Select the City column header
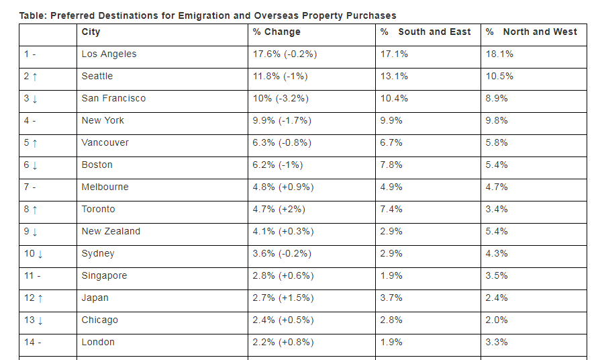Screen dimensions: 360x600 point(91,32)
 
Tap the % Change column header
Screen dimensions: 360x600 point(277,32)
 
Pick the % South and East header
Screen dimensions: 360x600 point(426,32)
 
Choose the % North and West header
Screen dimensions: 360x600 point(532,32)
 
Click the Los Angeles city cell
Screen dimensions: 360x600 point(109,54)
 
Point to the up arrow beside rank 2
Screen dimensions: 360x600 point(34,77)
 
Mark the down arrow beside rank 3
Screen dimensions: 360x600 point(34,99)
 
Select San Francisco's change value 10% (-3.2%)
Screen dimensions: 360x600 point(281,98)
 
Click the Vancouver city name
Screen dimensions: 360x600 point(105,142)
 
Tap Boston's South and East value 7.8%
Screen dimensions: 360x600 point(391,165)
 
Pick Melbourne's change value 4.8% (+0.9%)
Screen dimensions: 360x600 point(283,187)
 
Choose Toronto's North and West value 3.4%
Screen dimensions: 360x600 point(497,209)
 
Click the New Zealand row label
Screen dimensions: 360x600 point(111,231)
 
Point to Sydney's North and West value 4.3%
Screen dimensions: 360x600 point(497,253)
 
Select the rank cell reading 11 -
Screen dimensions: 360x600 point(32,275)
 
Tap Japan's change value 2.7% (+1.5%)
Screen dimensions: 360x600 point(283,298)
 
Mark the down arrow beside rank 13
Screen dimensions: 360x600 point(40,320)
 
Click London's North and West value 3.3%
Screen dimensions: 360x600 point(497,342)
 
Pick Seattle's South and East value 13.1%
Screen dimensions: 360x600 point(394,76)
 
